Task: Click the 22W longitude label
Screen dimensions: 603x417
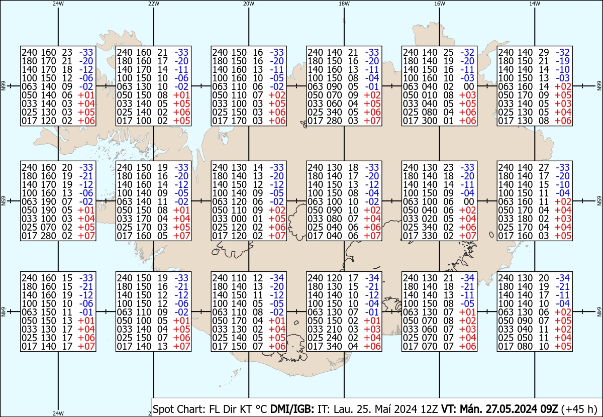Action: [x=153, y=4]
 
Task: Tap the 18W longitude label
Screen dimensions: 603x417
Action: [x=344, y=4]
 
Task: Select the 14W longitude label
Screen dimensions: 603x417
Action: [x=535, y=4]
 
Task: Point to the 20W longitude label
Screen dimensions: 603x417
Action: [x=249, y=4]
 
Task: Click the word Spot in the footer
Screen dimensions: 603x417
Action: [x=164, y=409]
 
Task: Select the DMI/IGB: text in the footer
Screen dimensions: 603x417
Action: [x=292, y=409]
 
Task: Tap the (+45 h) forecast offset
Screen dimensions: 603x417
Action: [x=579, y=409]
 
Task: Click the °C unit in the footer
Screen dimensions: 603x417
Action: [x=261, y=409]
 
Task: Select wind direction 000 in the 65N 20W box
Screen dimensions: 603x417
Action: [x=238, y=219]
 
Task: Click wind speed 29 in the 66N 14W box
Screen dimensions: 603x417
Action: [x=544, y=52]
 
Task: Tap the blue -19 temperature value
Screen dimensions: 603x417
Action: [x=563, y=61]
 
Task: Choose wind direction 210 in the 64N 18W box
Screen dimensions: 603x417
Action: [x=333, y=329]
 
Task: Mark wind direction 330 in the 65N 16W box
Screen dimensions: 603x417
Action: [x=429, y=236]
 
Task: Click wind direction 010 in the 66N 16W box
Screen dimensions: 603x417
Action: [x=429, y=95]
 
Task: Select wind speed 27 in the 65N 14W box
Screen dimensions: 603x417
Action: [x=544, y=167]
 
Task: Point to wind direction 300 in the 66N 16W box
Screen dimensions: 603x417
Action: [x=429, y=121]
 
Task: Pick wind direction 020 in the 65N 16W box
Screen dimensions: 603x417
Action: [x=429, y=219]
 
